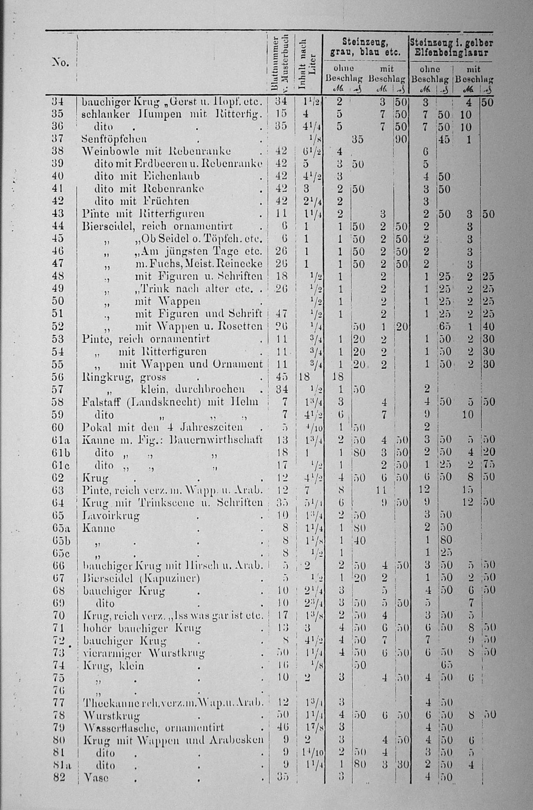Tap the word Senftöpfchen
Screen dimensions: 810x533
(x=114, y=139)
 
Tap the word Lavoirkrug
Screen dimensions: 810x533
(x=111, y=515)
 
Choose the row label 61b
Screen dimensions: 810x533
(x=59, y=452)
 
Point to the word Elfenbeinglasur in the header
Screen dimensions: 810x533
(x=451, y=53)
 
